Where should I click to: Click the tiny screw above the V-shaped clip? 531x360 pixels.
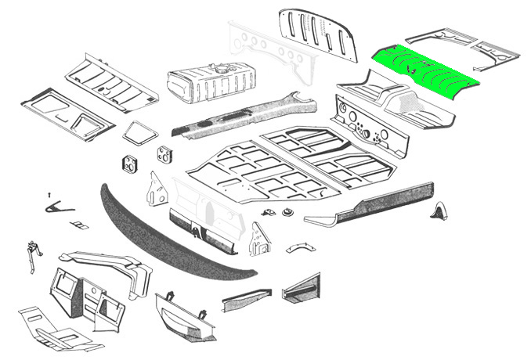[49, 193]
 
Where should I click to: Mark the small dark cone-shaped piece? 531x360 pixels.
[439, 210]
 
